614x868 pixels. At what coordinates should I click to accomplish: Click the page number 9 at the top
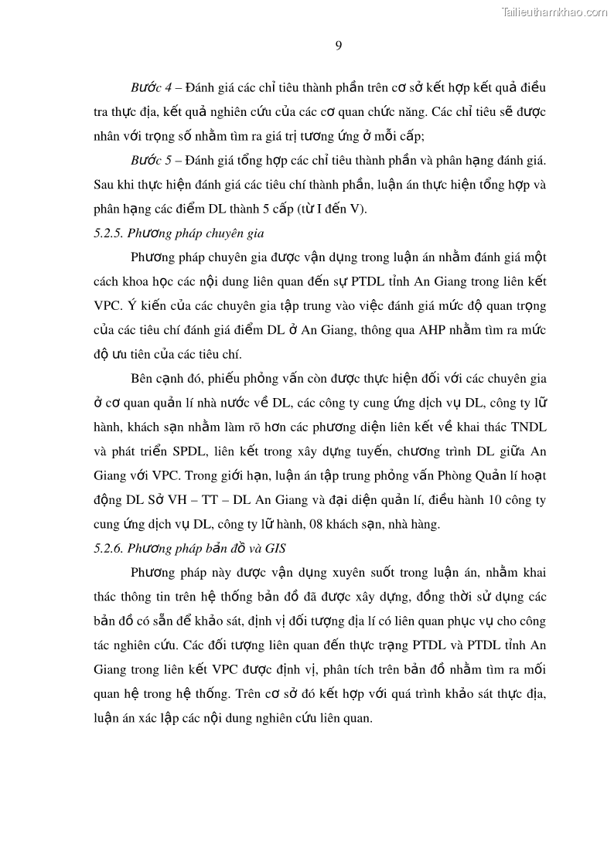pos(339,45)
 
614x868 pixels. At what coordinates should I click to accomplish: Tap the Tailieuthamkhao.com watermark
pos(554,12)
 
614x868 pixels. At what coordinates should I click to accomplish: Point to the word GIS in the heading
pos(275,548)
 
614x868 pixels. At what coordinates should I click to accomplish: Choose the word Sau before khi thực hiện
pos(105,185)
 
